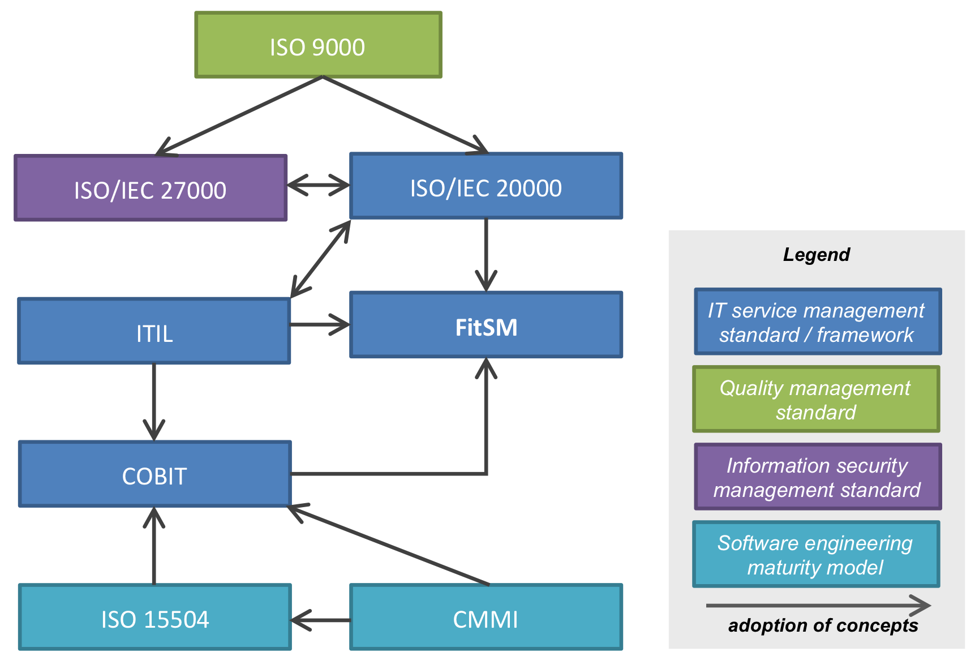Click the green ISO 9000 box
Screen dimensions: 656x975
point(318,45)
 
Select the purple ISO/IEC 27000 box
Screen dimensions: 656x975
point(151,188)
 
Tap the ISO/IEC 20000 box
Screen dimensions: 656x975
point(486,186)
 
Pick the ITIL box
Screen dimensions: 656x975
point(154,331)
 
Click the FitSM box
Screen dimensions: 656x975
point(486,325)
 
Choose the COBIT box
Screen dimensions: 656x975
point(154,474)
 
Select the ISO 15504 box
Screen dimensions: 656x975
point(154,618)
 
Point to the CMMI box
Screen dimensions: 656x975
point(486,618)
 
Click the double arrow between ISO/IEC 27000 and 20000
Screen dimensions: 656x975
point(318,185)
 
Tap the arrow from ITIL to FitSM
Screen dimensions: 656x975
point(320,325)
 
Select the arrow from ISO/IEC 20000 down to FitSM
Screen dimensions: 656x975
point(486,255)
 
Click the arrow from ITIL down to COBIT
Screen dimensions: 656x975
point(154,402)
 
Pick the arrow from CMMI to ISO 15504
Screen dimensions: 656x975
point(320,620)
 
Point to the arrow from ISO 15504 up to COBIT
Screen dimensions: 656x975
point(154,546)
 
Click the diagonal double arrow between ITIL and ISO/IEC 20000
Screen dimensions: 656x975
point(320,259)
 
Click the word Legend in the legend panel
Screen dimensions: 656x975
point(816,255)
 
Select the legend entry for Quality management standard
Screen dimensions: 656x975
point(816,400)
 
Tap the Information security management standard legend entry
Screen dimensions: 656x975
point(818,477)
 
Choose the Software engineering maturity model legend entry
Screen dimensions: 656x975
point(816,555)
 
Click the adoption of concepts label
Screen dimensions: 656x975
point(823,625)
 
